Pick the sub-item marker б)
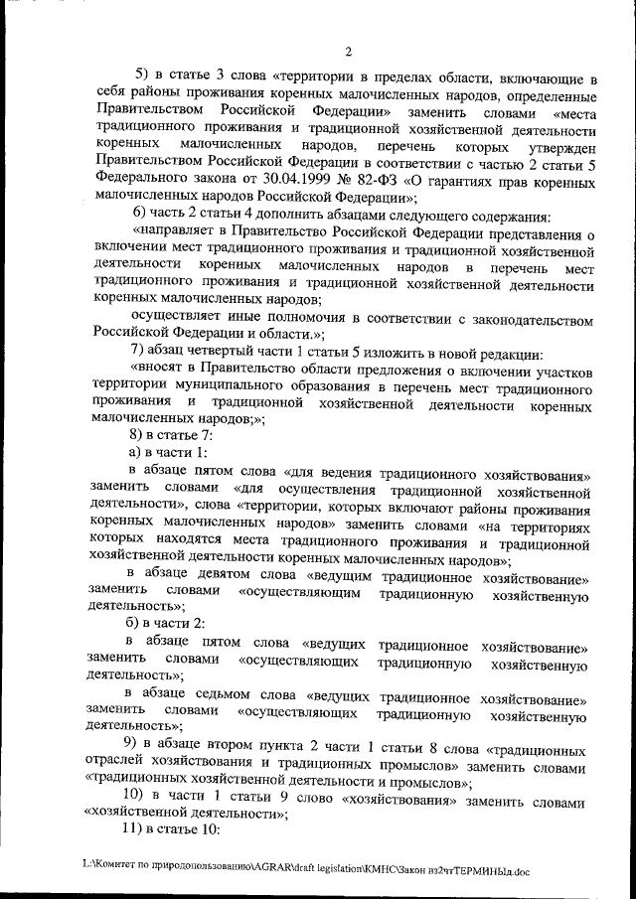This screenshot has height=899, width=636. tap(138, 621)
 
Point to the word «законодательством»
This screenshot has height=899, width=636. tap(530, 317)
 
